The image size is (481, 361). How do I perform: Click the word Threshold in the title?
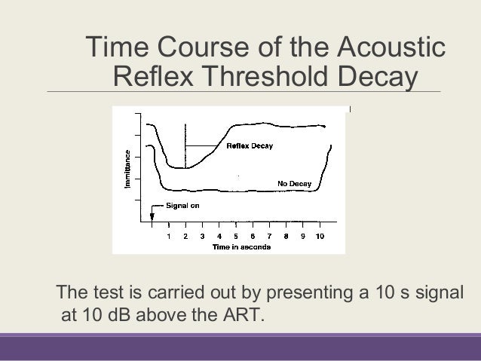tap(262, 77)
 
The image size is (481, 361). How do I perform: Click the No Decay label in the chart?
tap(293, 182)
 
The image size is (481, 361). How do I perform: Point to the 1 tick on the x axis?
tap(169, 235)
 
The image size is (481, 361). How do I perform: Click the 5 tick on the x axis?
tap(236, 235)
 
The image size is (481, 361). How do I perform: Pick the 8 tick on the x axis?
tap(287, 235)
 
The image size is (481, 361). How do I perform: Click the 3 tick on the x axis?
tap(202, 235)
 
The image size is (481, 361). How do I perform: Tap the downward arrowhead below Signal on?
tap(152, 218)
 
